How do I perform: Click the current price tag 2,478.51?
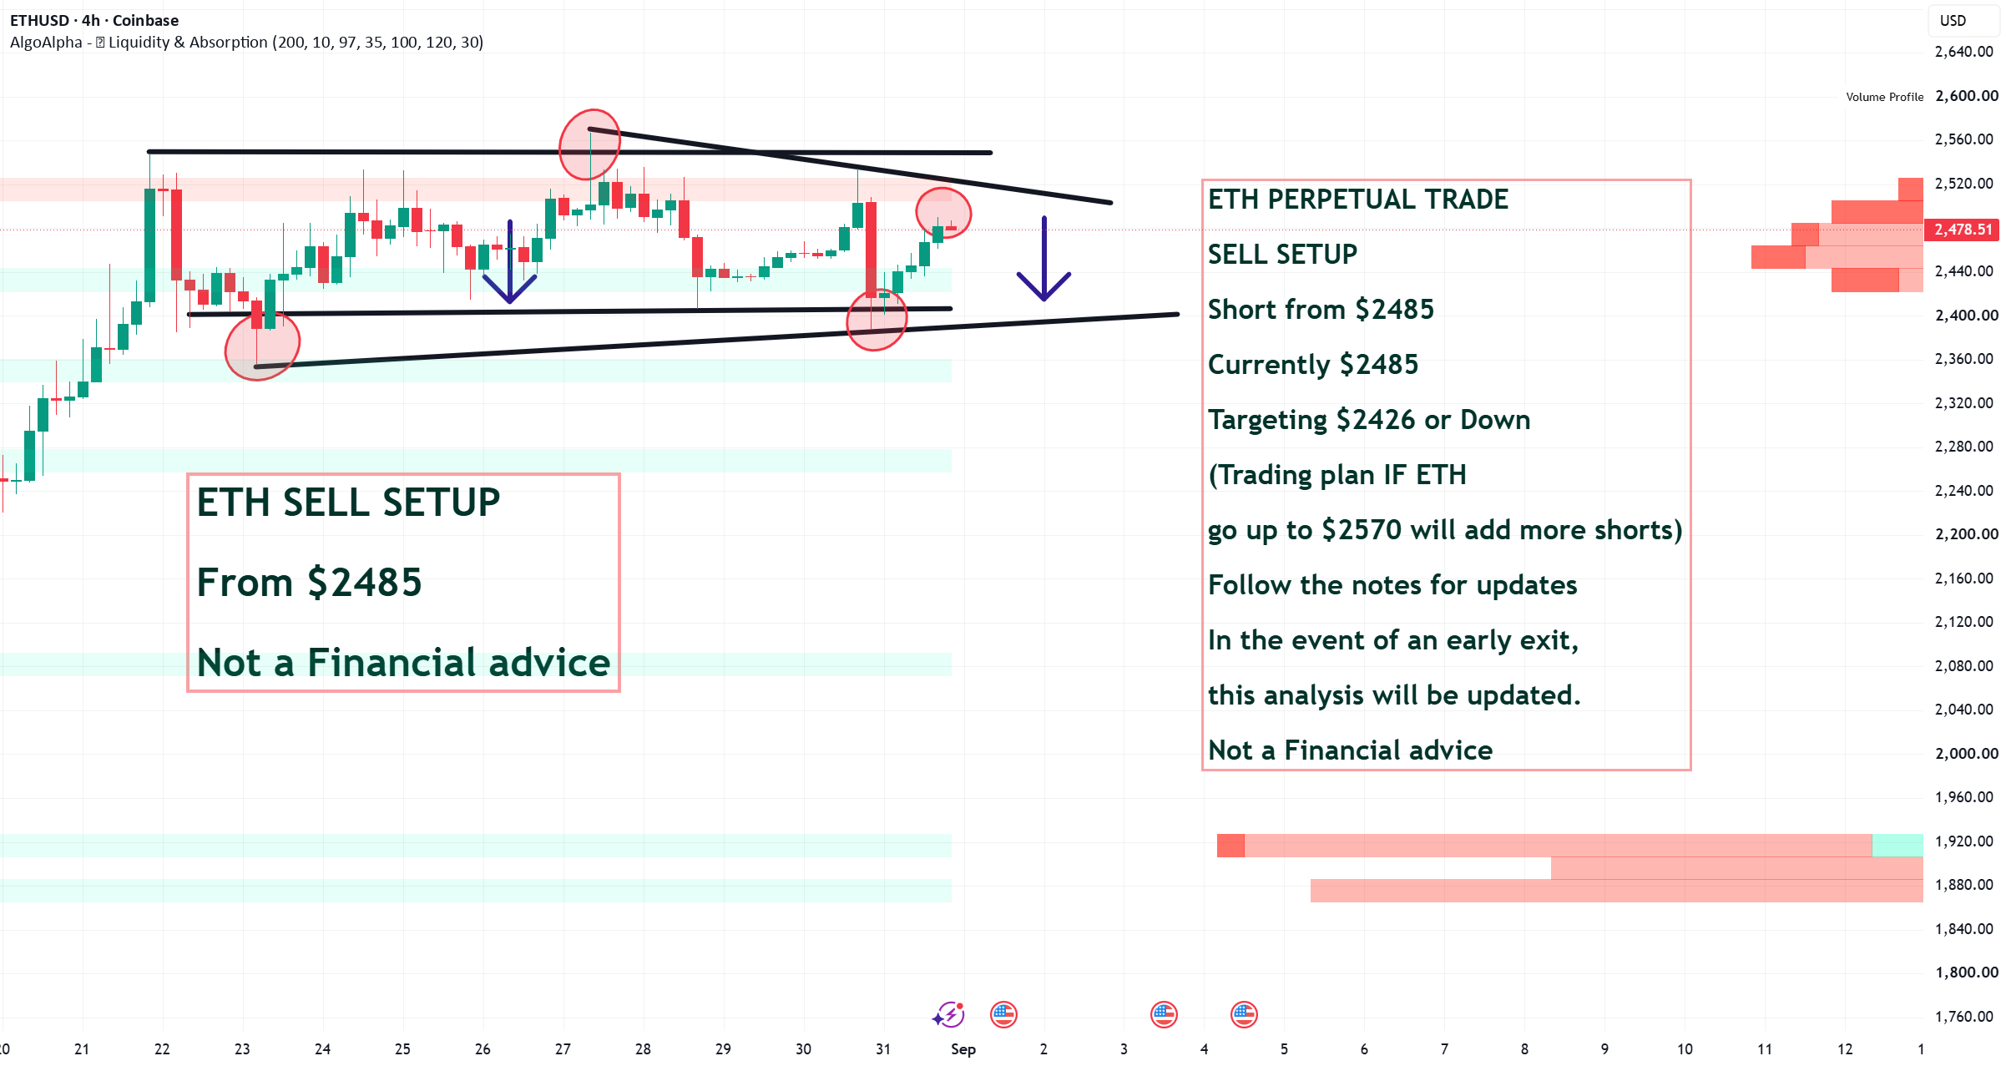click(x=1963, y=230)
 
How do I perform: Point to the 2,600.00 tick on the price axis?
click(x=1967, y=96)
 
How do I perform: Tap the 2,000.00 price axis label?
click(x=1967, y=753)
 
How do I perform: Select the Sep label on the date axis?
click(x=963, y=1049)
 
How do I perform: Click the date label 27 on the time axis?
click(x=563, y=1049)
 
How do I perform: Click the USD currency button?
click(x=1953, y=21)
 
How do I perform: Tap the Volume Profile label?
click(x=1884, y=97)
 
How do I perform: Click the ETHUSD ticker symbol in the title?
click(x=39, y=20)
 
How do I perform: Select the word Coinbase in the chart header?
click(x=145, y=20)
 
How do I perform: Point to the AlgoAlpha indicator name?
click(x=46, y=42)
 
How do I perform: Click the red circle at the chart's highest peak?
click(x=589, y=144)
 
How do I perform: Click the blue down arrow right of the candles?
click(x=1043, y=259)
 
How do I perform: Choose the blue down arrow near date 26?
click(x=510, y=262)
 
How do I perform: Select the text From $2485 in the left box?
click(x=309, y=583)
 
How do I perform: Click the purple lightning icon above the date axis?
click(x=949, y=1015)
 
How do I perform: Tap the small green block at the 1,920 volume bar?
click(x=1897, y=846)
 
